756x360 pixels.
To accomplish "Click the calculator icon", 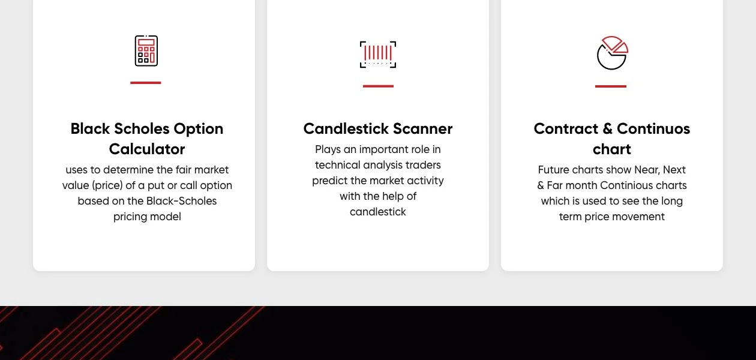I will tap(146, 51).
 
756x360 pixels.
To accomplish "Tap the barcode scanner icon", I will tap(378, 54).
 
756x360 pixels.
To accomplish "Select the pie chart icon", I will tap(612, 53).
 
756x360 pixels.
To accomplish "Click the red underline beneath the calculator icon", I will tap(146, 83).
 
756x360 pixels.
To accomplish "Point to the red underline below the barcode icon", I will tap(378, 86).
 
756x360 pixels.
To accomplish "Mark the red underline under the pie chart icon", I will tap(611, 86).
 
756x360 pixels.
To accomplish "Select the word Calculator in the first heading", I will tap(147, 149).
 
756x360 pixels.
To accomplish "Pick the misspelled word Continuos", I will tap(653, 129).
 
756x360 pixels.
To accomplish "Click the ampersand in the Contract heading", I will tap(607, 129).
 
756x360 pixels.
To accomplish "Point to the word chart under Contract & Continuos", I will tap(612, 149).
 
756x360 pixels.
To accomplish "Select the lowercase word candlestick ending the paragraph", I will tap(378, 212).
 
